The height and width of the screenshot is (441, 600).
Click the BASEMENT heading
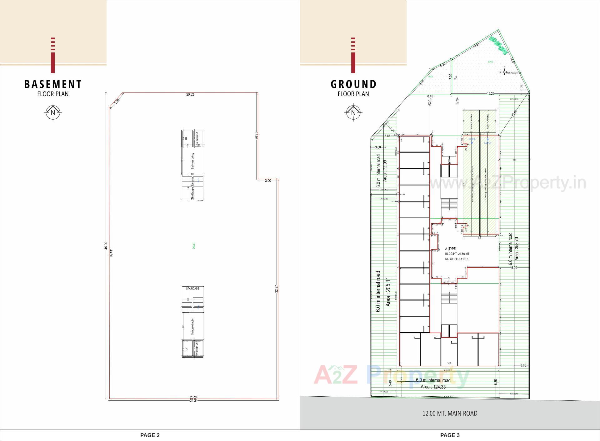53,84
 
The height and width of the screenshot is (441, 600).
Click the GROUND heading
353,84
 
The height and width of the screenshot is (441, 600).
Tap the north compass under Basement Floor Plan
53,112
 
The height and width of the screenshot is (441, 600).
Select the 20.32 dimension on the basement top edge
190,94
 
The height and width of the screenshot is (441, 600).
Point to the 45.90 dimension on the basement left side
106,246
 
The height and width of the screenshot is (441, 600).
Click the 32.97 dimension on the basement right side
277,289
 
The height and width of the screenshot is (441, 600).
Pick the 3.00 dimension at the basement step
268,181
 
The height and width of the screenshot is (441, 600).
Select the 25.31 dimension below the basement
193,400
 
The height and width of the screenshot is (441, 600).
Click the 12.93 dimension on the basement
256,136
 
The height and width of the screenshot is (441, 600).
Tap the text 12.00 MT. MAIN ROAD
450,414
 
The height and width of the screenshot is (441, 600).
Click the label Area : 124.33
433,387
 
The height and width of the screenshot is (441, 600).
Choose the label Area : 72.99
385,171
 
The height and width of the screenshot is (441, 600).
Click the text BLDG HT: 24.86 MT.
457,254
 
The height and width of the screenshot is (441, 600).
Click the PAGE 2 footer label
150,435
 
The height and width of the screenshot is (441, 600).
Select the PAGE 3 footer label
450,435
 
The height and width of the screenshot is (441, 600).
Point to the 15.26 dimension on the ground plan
491,94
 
